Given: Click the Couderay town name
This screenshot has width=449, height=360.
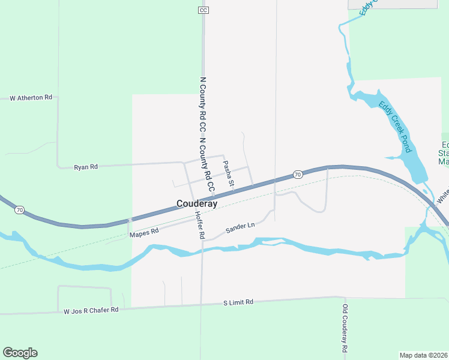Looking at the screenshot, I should pyautogui.click(x=196, y=204).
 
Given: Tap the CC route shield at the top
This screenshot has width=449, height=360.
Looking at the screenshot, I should pyautogui.click(x=203, y=10).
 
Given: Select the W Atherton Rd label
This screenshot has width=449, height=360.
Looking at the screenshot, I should pyautogui.click(x=31, y=97).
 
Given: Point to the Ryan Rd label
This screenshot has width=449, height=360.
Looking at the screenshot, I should pyautogui.click(x=85, y=167).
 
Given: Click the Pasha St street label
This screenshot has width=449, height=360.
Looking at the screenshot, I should pyautogui.click(x=228, y=172).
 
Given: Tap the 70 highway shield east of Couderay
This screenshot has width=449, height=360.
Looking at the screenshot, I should pyautogui.click(x=297, y=175).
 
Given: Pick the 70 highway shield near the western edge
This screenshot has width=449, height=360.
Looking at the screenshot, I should pyautogui.click(x=20, y=210).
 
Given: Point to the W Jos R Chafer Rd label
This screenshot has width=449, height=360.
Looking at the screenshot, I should pyautogui.click(x=91, y=310).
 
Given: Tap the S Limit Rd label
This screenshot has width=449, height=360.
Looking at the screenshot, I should pyautogui.click(x=238, y=302).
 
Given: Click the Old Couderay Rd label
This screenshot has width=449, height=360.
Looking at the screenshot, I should pyautogui.click(x=345, y=328).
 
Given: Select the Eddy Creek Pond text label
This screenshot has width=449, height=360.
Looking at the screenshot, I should pyautogui.click(x=393, y=127).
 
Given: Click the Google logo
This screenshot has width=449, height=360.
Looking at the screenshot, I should pyautogui.click(x=20, y=353).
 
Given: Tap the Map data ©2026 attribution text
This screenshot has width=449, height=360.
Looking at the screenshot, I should pyautogui.click(x=424, y=355).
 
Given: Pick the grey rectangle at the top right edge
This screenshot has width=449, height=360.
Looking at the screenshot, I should pyautogui.click(x=393, y=4).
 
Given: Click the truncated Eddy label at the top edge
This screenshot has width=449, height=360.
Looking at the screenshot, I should pyautogui.click(x=366, y=8).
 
